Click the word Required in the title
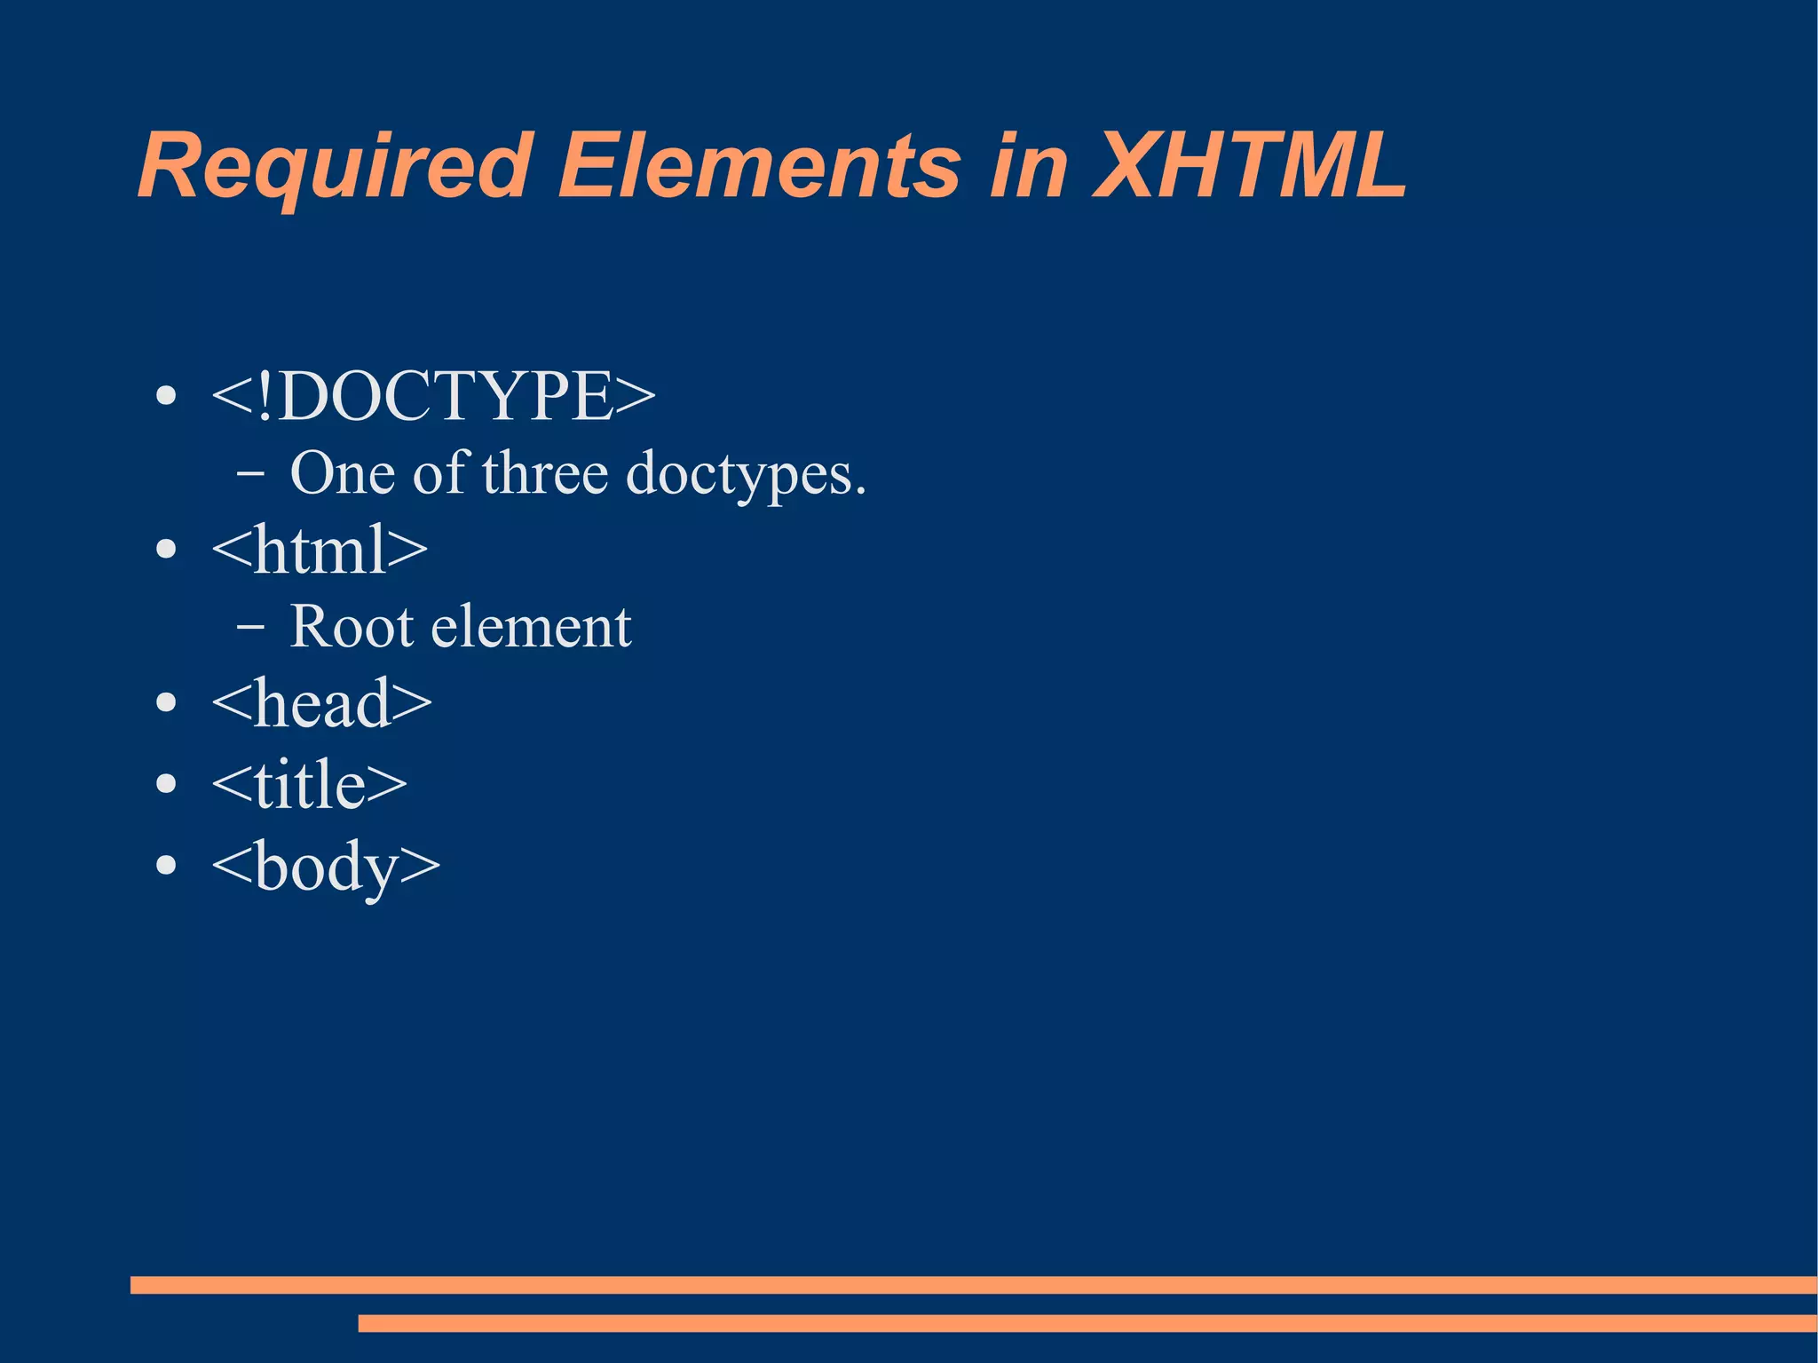click(x=336, y=167)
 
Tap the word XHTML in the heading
click(x=1250, y=167)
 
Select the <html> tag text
click(x=320, y=550)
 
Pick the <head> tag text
click(x=321, y=703)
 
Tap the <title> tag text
click(x=309, y=784)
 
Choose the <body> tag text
click(x=326, y=866)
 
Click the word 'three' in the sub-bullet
click(x=545, y=472)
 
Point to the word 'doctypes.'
click(x=746, y=474)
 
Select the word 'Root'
click(x=352, y=627)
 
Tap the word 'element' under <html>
click(x=531, y=627)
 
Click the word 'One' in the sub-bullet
click(x=342, y=472)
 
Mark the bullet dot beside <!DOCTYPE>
click(x=166, y=396)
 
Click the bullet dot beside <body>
click(x=166, y=865)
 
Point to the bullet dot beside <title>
click(x=166, y=784)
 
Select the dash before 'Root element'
click(x=250, y=627)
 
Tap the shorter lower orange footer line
click(x=1087, y=1323)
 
